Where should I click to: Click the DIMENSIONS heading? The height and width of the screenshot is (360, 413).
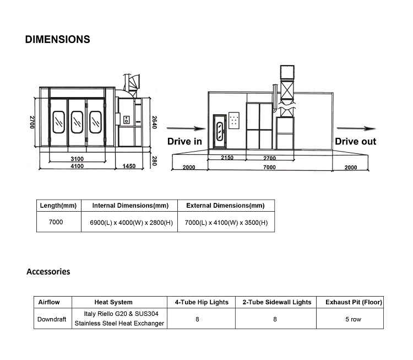tap(57, 39)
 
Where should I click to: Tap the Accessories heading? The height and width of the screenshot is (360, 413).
tap(48, 271)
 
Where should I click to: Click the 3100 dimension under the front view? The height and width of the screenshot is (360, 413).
tap(77, 159)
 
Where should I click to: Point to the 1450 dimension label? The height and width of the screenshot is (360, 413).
tap(129, 166)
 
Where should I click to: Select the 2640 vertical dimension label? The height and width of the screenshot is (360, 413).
tap(155, 122)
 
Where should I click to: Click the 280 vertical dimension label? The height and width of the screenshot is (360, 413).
tap(155, 161)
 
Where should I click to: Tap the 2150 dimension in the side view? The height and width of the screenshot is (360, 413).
tap(227, 158)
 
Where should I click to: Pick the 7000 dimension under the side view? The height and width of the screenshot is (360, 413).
tap(269, 167)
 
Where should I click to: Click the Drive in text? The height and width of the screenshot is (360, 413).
tap(184, 141)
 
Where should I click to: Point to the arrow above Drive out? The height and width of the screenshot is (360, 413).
tap(356, 128)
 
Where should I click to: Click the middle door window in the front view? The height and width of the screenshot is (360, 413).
tap(77, 122)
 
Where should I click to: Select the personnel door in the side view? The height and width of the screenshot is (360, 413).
tap(220, 131)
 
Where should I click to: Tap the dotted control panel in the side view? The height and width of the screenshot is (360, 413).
tap(234, 120)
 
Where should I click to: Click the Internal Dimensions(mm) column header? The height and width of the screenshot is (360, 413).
tap(131, 206)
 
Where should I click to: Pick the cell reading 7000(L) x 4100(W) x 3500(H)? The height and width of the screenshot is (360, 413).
tap(226, 223)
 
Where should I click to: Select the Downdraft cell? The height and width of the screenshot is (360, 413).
tap(52, 319)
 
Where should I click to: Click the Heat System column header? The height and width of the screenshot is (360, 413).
tap(113, 302)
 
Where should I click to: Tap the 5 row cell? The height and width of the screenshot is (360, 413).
tap(353, 319)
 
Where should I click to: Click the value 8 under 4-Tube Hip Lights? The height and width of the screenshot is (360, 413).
tap(197, 319)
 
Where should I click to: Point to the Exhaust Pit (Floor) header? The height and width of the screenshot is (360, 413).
tap(354, 302)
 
